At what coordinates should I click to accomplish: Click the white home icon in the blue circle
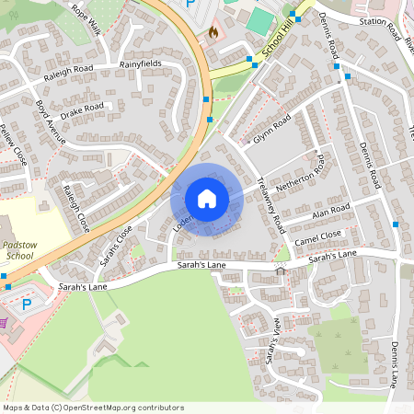point(206,199)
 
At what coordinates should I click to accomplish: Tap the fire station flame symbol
point(213,30)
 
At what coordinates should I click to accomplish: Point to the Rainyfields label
point(141,64)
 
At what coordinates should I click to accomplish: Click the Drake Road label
point(82,112)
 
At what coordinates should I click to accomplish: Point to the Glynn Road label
point(271,130)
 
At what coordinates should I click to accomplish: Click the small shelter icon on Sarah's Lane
point(280,270)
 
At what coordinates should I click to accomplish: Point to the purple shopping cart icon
point(4,323)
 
